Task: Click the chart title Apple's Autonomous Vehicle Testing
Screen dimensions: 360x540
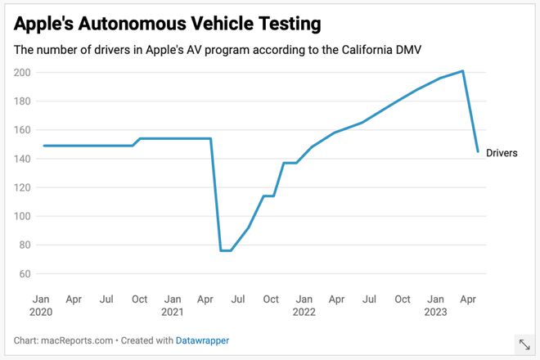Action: pos(168,21)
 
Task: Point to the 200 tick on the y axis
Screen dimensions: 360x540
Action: pos(22,73)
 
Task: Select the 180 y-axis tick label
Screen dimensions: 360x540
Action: pos(22,101)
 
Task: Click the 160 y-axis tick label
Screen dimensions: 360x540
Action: pos(22,130)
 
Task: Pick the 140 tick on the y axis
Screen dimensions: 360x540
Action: pos(22,159)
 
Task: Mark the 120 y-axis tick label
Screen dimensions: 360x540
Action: pos(22,187)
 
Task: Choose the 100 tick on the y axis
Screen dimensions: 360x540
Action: pos(22,216)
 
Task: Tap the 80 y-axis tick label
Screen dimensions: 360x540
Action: pos(25,245)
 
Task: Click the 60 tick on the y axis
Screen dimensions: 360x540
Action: pos(25,273)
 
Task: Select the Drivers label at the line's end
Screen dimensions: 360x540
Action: pos(502,153)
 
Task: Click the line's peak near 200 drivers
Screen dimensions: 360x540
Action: pos(463,71)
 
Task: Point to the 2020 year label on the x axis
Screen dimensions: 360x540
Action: pos(41,312)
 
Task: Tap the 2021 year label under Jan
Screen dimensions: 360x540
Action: pos(172,312)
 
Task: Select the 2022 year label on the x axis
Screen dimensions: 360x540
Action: pos(304,312)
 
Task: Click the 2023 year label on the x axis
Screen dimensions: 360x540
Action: pos(435,312)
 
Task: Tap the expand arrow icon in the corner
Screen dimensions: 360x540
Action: pos(524,345)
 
